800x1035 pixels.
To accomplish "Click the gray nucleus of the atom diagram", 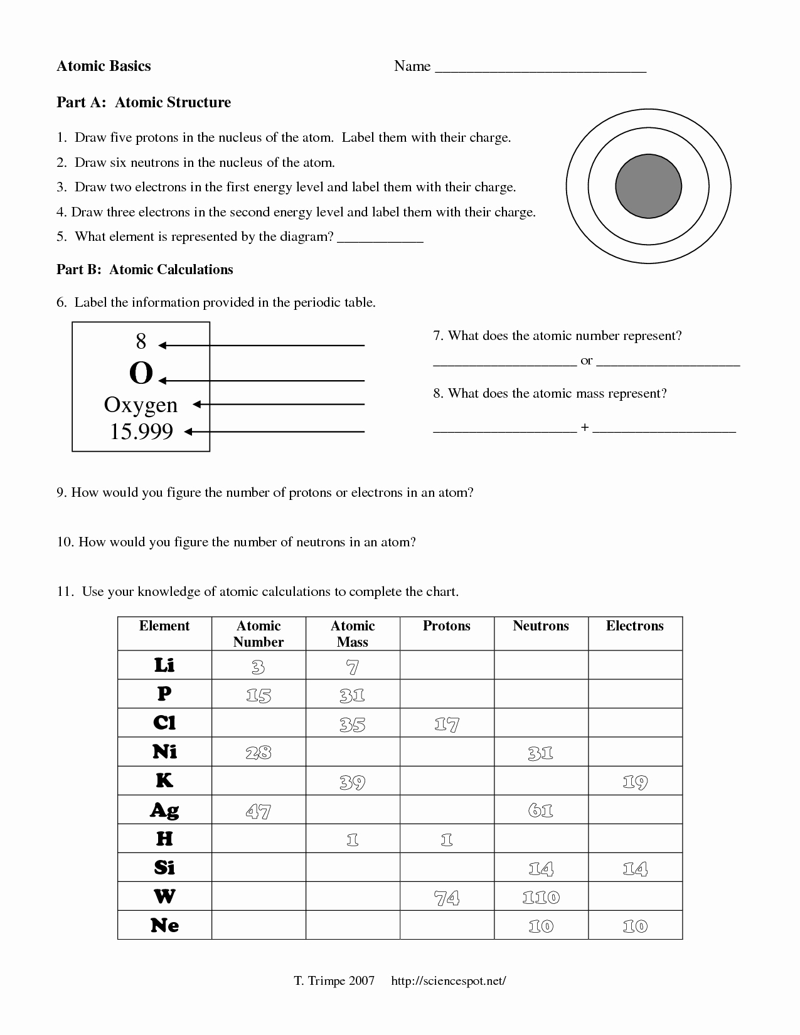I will pos(648,186).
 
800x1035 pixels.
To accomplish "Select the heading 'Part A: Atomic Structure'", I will pos(144,102).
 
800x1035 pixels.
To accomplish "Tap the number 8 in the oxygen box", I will pos(141,342).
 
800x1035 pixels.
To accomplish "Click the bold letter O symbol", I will pos(141,374).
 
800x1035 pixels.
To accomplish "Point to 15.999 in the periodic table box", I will pos(141,432).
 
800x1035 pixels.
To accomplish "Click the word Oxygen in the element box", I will pos(141,405).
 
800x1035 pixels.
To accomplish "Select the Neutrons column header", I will pos(541,626).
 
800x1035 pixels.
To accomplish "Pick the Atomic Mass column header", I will pos(353,634).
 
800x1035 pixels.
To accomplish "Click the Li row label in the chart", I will pos(164,665).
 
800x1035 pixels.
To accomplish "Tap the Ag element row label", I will pos(164,810).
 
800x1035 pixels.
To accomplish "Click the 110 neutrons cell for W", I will pos(541,898).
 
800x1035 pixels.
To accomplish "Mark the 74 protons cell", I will pos(447,898).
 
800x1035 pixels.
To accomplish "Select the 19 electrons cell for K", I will pos(635,782).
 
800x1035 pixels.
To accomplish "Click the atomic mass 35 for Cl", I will pos(353,724).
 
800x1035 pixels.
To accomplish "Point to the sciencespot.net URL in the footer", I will pos(448,981).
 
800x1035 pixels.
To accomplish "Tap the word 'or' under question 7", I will pos(587,361).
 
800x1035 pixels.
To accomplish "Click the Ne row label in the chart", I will pos(164,926).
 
